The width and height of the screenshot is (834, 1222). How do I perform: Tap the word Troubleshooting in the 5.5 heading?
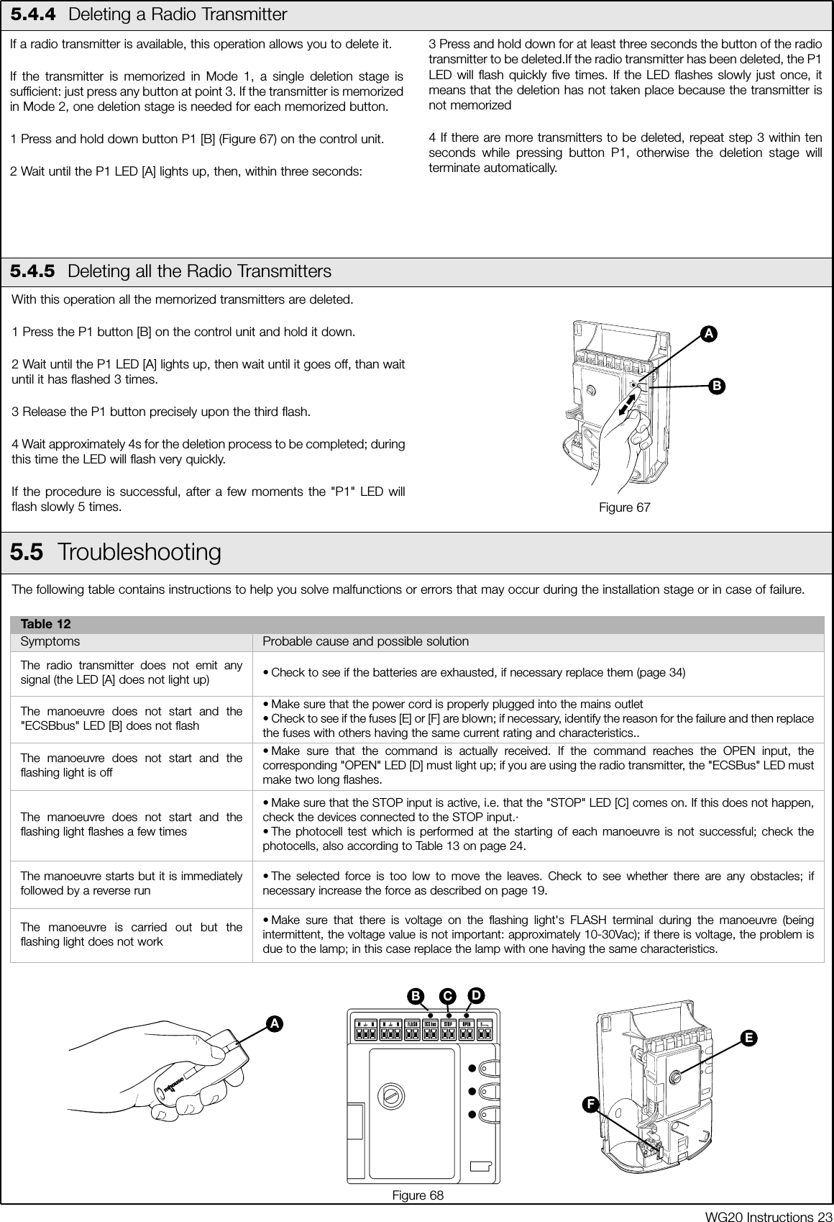(x=139, y=552)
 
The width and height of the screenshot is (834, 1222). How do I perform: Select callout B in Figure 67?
(x=715, y=385)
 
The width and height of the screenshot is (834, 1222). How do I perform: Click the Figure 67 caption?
(x=625, y=508)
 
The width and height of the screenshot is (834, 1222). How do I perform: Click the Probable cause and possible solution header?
(x=365, y=641)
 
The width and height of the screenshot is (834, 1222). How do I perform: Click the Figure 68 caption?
(x=417, y=1195)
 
